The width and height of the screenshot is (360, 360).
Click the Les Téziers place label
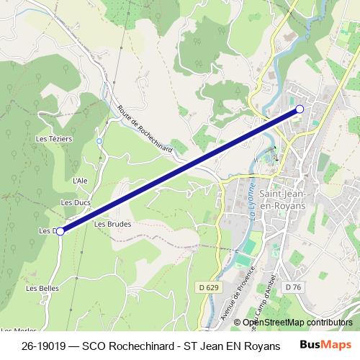click(54, 138)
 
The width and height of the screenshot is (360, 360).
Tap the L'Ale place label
click(80, 180)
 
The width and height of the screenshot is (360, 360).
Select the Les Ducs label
click(76, 203)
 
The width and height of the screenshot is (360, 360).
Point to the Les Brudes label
click(112, 224)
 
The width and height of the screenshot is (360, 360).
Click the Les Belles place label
click(42, 288)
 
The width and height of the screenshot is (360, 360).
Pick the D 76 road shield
click(292, 287)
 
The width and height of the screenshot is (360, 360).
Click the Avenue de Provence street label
click(233, 299)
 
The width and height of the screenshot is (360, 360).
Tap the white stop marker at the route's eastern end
click(300, 109)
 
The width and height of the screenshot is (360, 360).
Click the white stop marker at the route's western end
click(60, 231)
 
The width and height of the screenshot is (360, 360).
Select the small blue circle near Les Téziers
click(99, 140)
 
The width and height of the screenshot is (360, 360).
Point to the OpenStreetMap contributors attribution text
click(297, 323)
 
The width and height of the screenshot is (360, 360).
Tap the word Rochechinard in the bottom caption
click(143, 345)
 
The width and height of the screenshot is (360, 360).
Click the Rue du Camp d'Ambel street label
click(258, 297)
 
